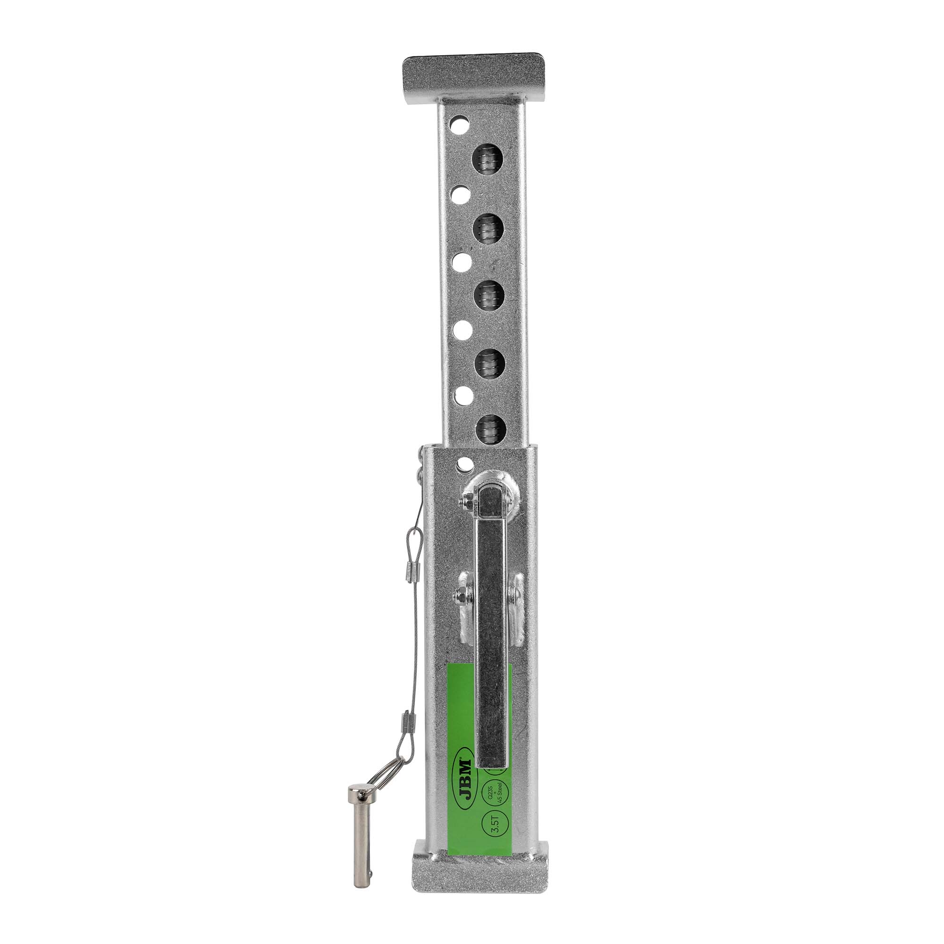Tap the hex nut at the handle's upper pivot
(x=467, y=502)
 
